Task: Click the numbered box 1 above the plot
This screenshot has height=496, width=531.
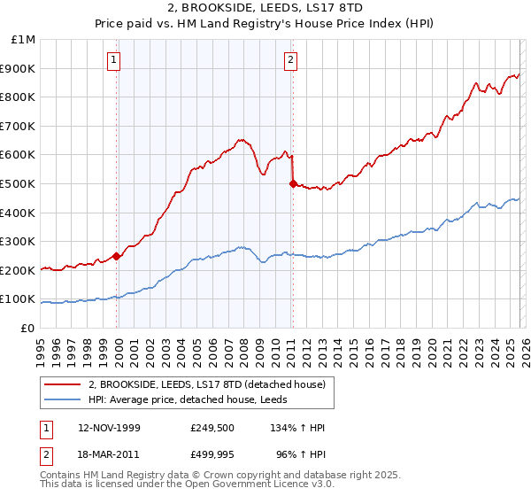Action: point(115,60)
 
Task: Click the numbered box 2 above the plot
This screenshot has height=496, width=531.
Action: point(290,60)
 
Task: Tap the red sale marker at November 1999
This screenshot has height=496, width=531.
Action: point(117,256)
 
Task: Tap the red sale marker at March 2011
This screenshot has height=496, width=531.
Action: point(293,183)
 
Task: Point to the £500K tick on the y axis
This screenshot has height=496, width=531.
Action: point(19,183)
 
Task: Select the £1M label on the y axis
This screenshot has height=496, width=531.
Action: point(24,40)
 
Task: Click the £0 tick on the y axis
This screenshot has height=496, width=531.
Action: point(27,328)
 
